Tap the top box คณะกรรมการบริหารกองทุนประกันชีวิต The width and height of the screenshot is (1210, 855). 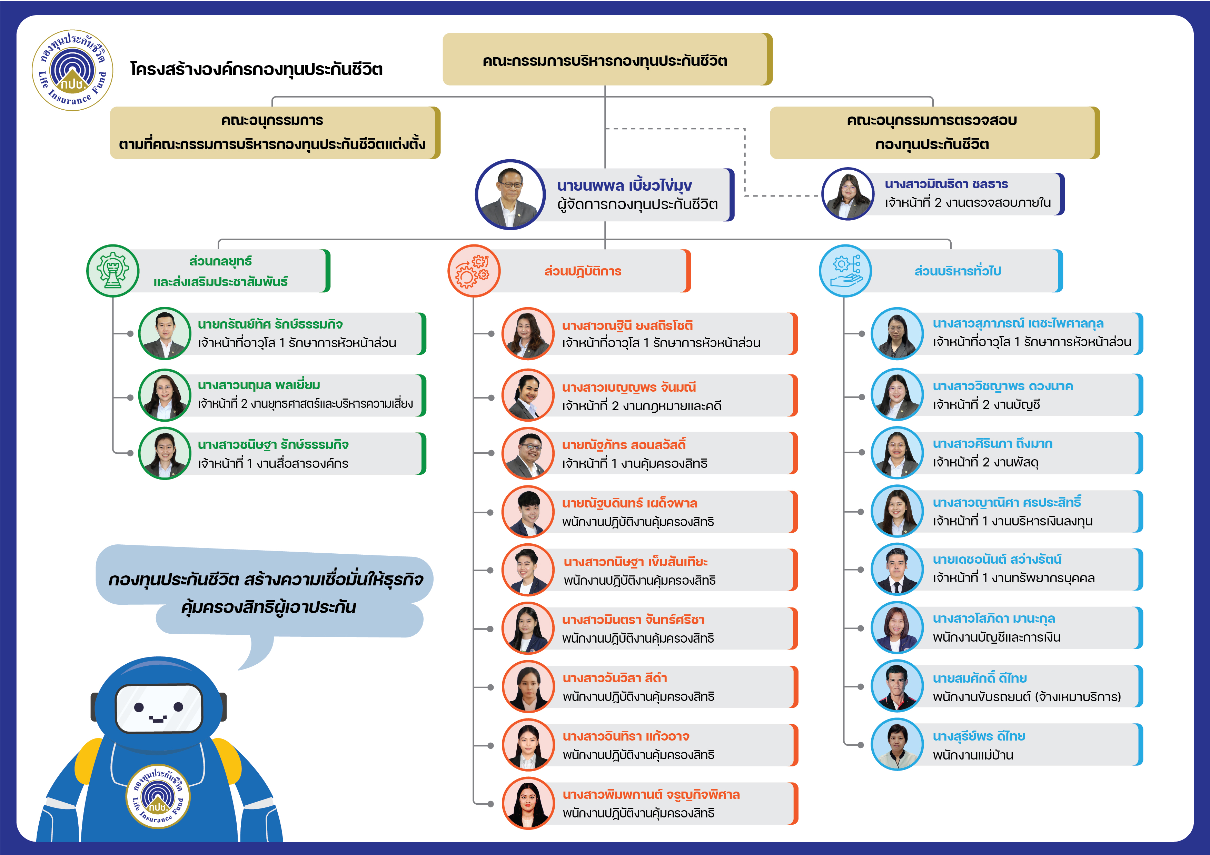pyautogui.click(x=607, y=60)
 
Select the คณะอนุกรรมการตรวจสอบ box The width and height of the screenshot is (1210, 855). pyautogui.click(x=934, y=132)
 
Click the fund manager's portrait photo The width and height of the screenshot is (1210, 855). pyautogui.click(x=510, y=194)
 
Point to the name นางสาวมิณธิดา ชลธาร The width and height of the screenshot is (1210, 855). pyautogui.click(x=946, y=184)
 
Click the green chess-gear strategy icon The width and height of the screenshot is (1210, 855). pyautogui.click(x=113, y=270)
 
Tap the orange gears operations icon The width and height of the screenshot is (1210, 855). pyautogui.click(x=474, y=270)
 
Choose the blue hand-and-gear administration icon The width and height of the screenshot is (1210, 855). pyautogui.click(x=845, y=270)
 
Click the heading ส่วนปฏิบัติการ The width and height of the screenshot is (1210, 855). pyautogui.click(x=583, y=271)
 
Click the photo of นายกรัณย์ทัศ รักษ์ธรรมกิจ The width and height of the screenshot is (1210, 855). pyautogui.click(x=165, y=333)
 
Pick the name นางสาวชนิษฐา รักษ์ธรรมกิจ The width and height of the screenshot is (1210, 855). pyautogui.click(x=273, y=445)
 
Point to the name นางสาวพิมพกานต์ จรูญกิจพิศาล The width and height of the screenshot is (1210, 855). pyautogui.click(x=651, y=794)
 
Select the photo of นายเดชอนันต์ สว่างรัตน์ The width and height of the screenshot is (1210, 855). pyautogui.click(x=897, y=569)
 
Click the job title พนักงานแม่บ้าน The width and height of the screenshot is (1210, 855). pyautogui.click(x=973, y=755)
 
